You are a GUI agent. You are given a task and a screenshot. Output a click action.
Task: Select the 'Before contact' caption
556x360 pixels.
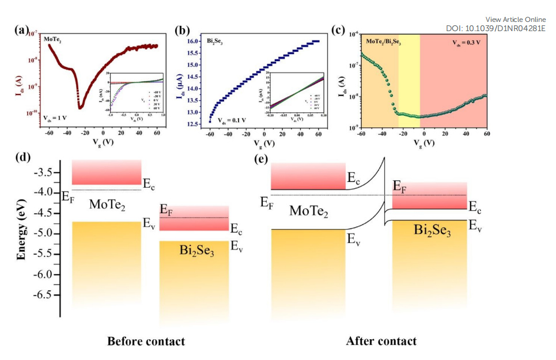tap(146, 342)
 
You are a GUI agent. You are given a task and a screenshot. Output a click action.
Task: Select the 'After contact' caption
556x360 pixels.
tap(381, 342)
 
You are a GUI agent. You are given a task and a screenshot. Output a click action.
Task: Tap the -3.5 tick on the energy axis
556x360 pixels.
tap(47, 172)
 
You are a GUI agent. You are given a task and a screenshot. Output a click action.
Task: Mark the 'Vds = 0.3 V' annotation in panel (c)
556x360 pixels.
tap(466, 42)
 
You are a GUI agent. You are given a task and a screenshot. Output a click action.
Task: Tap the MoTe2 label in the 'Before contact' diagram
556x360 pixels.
tap(107, 204)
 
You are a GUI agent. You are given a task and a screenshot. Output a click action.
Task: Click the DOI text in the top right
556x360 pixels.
tap(496, 28)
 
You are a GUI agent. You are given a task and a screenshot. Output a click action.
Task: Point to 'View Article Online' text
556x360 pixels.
tap(516, 20)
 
